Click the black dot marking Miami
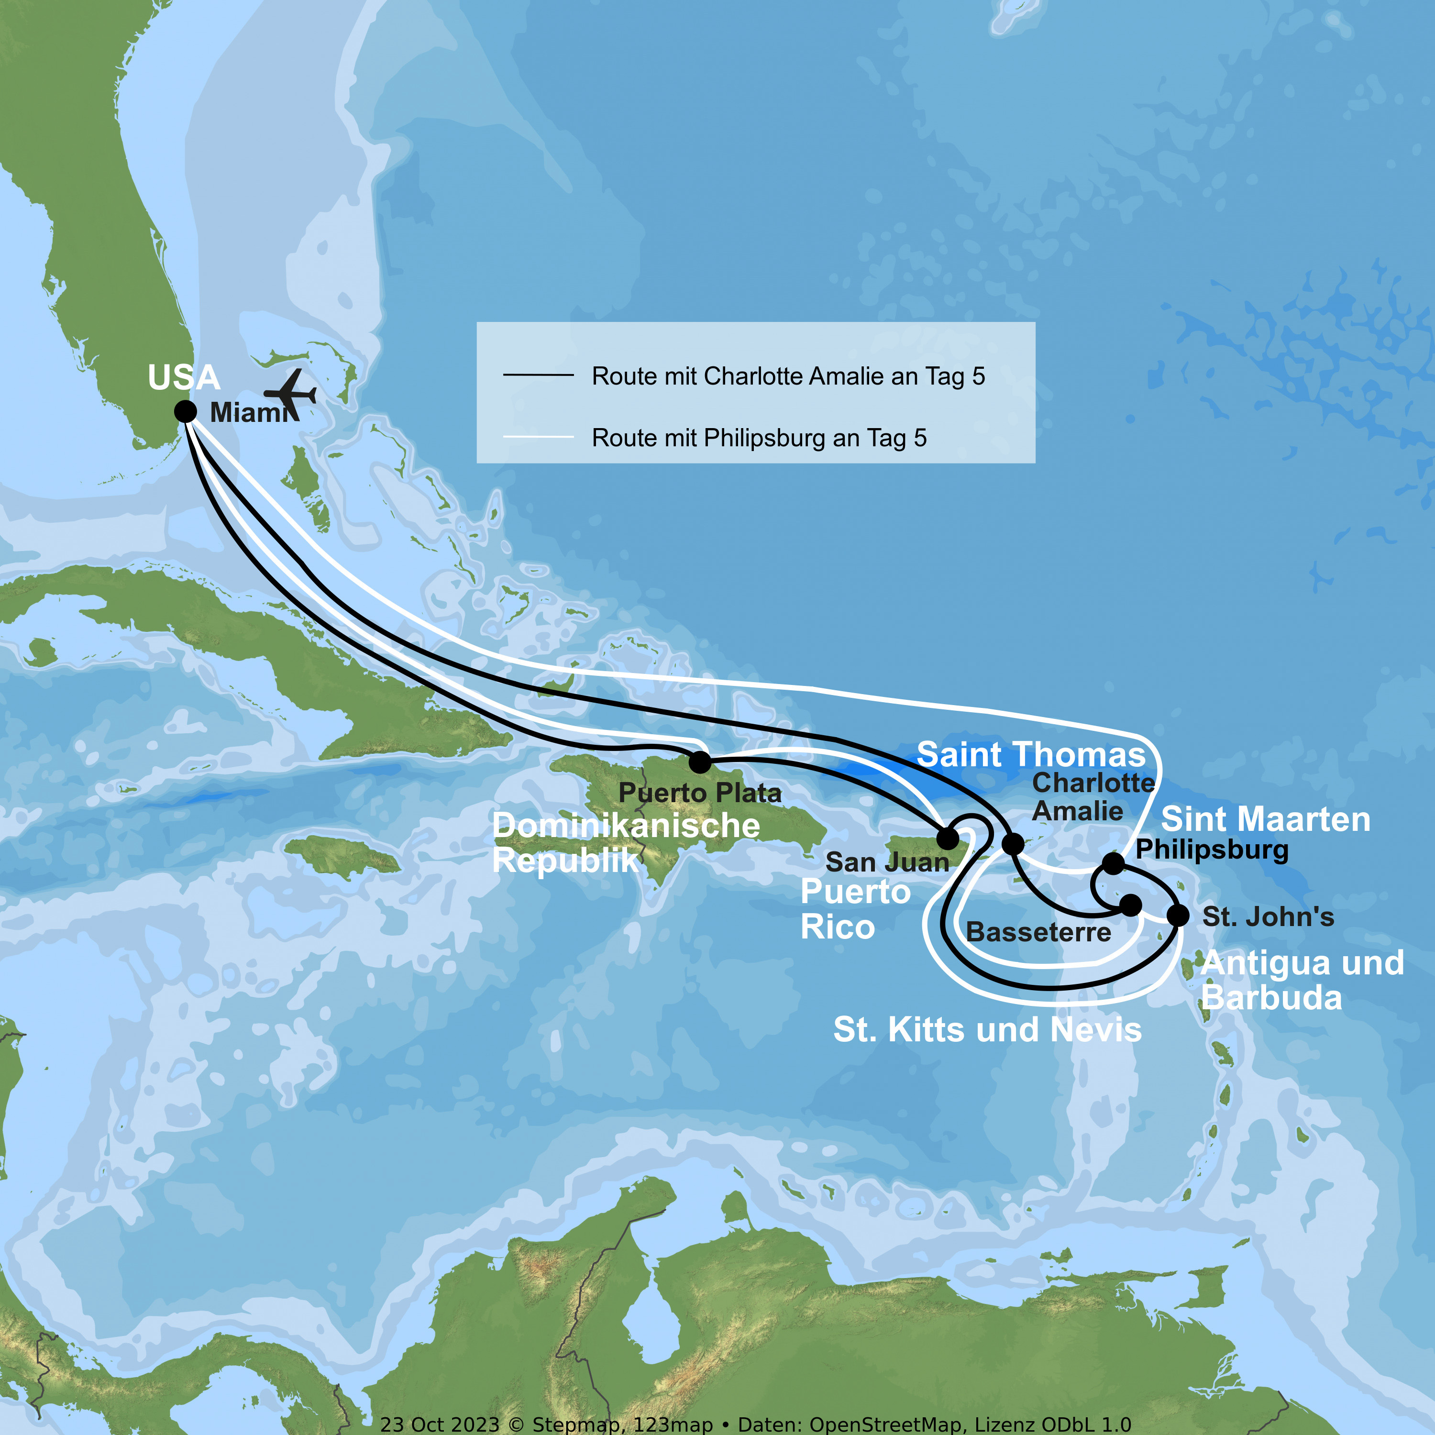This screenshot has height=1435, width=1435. pos(185,411)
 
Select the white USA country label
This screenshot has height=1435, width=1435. pos(184,377)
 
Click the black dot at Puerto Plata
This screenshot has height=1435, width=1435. pos(700,762)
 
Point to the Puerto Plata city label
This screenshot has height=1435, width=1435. pos(700,793)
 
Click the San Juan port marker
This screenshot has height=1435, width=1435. pos(948,839)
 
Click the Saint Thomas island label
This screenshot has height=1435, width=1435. pos(1031,755)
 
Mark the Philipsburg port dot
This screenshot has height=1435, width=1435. pos(1113,863)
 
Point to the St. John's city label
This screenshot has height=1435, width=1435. pos(1268,916)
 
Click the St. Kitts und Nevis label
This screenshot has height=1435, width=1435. pos(987,1029)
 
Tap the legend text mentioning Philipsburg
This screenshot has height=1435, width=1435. pos(759,438)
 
